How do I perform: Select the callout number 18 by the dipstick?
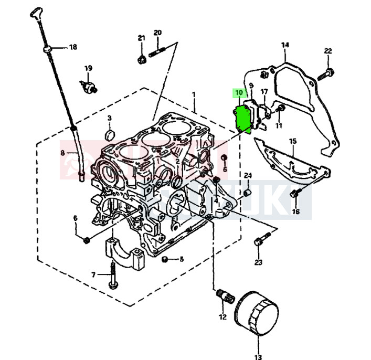(73, 47)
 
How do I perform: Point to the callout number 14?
(285, 45)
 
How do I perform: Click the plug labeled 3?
(110, 134)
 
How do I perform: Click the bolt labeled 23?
(259, 242)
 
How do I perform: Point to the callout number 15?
(293, 141)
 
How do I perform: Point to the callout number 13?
(257, 357)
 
